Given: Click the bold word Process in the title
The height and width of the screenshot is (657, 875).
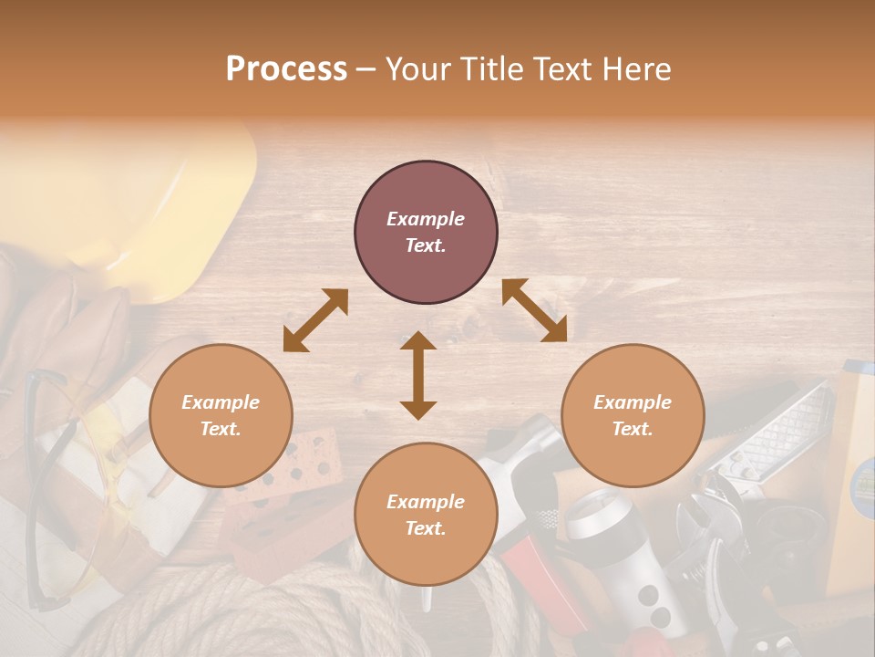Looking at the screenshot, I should [286, 68].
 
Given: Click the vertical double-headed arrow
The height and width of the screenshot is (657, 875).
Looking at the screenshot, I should [418, 375].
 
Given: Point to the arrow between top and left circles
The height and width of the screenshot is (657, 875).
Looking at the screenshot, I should [315, 320].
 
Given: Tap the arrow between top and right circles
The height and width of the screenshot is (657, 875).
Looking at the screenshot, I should [534, 310].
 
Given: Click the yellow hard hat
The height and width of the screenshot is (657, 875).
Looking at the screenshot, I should [182, 210].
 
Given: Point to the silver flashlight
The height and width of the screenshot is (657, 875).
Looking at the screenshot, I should [620, 557].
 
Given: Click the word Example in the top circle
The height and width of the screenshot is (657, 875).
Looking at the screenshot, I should [426, 219].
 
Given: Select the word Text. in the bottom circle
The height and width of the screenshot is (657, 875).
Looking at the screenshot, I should [426, 528].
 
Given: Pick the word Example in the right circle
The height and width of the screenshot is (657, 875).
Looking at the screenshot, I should [633, 402].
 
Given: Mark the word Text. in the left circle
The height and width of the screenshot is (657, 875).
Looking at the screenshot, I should [221, 429].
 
